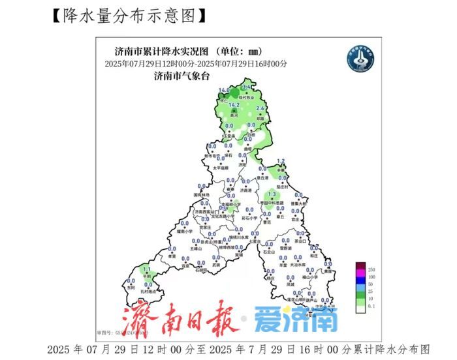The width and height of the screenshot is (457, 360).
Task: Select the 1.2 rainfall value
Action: (x=281, y=161)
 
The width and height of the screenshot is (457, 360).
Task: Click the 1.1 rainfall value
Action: (x=147, y=269)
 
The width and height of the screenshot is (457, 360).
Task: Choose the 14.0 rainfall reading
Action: (x=224, y=90)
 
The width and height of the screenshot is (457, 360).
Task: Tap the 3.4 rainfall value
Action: (x=247, y=87)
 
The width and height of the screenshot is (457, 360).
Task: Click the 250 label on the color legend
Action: (x=371, y=269)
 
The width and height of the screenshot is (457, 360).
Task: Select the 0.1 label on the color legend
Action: (x=371, y=304)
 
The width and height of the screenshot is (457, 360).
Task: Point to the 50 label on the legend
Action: (x=370, y=284)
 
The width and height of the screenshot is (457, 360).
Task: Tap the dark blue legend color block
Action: (x=359, y=280)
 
